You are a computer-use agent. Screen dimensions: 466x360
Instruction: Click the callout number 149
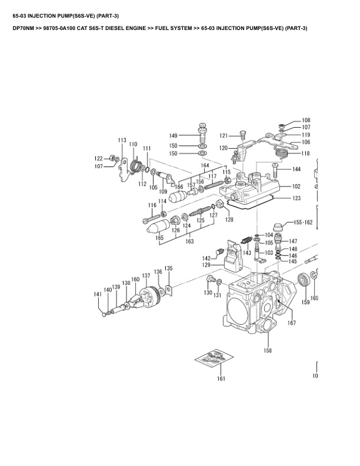point(174,135)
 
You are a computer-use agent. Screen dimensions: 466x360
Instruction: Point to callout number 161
point(221,378)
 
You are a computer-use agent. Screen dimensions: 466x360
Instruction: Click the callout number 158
point(268,350)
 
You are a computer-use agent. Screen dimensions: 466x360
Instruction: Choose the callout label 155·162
point(303,223)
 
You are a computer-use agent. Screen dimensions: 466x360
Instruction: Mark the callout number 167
point(291,322)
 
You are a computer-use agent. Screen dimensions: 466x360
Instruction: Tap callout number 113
point(122,140)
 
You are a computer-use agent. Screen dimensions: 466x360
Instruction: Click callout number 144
point(296,169)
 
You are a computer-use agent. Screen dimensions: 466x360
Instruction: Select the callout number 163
point(190,241)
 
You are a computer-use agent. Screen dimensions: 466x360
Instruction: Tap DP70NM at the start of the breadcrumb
point(25,28)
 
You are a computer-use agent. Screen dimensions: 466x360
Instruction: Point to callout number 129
point(206,265)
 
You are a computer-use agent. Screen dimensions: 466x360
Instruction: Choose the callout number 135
point(168,268)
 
